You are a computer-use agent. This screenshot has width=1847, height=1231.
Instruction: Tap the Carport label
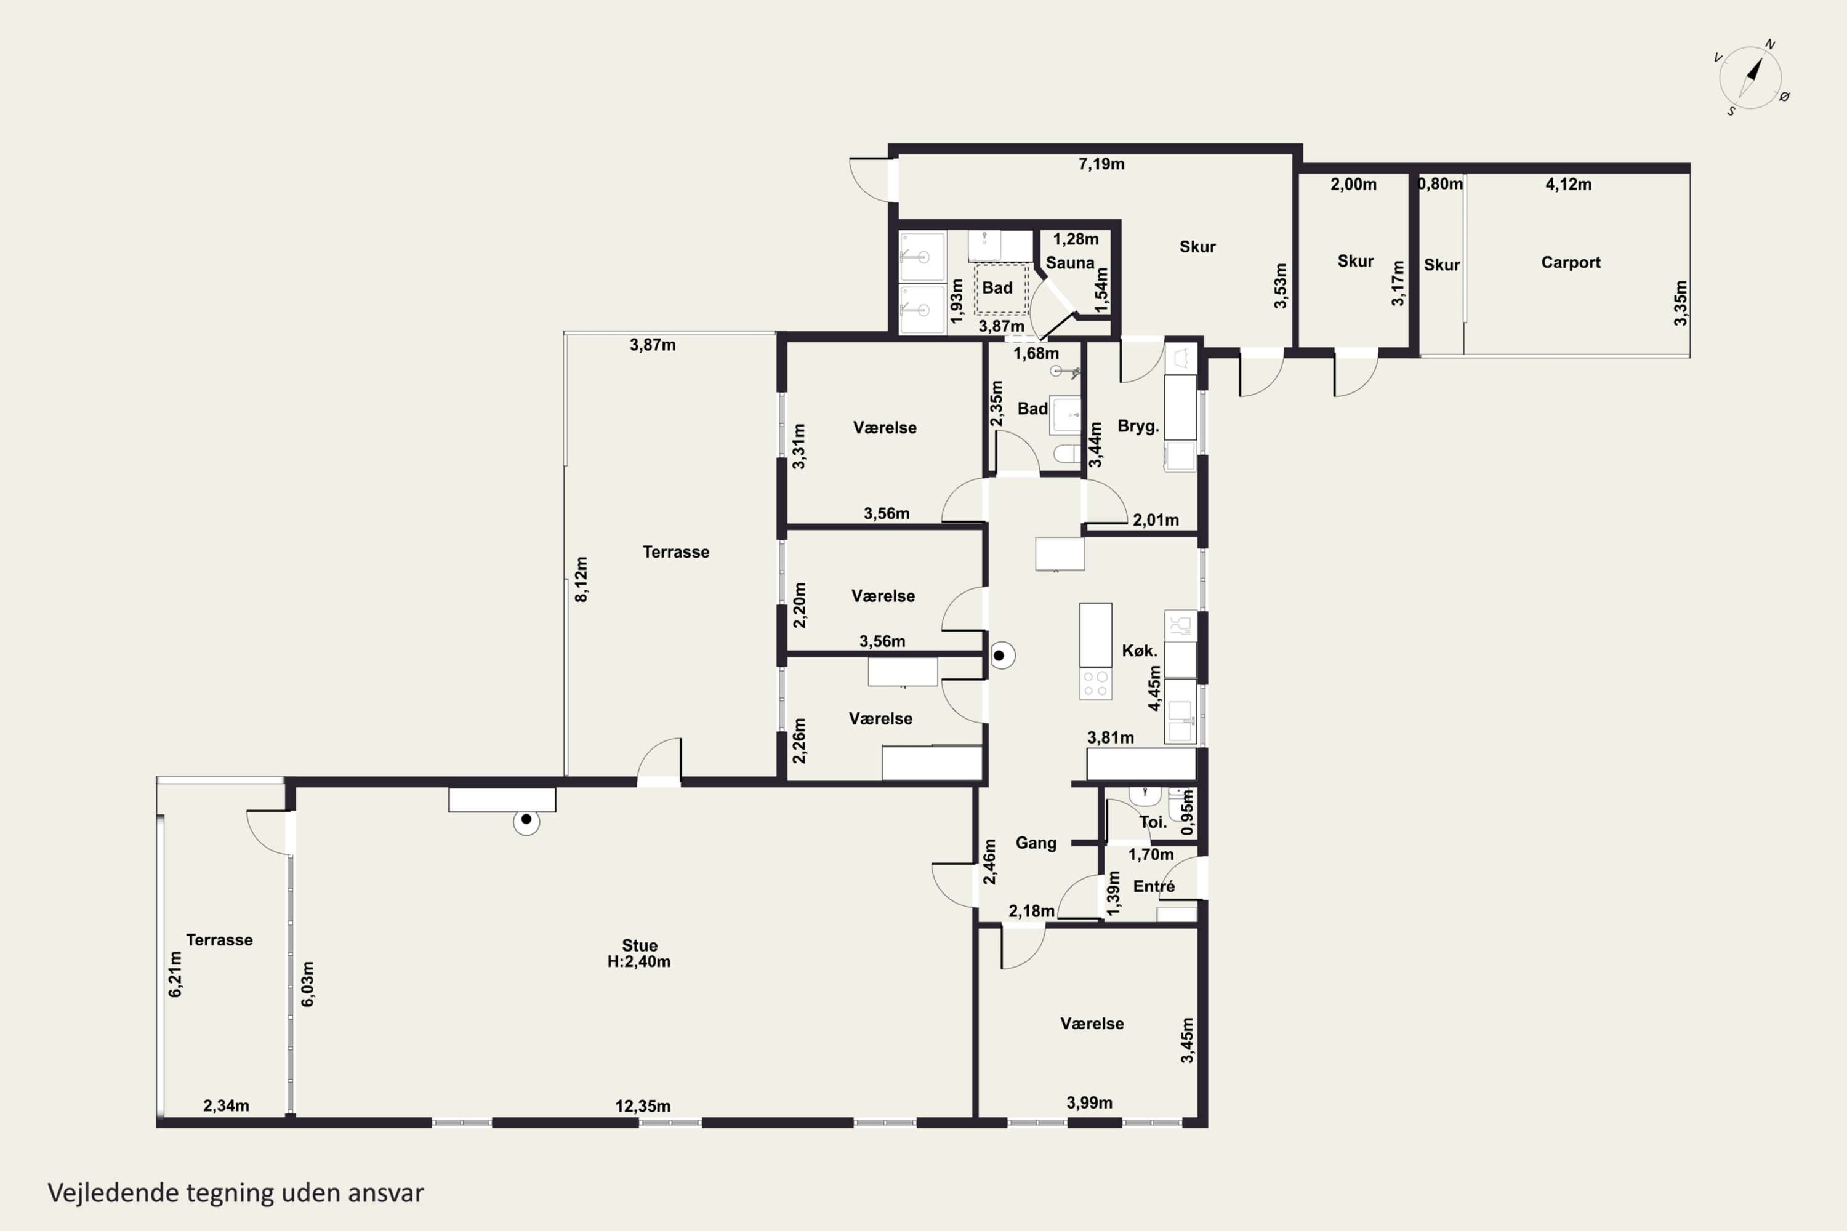[1571, 262]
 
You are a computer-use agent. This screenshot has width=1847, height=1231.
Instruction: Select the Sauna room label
[1069, 263]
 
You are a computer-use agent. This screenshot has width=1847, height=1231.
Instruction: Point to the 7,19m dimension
[1101, 164]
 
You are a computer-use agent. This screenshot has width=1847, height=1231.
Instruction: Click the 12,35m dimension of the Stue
[642, 1106]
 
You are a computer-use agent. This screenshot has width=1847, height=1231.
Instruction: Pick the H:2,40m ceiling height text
[638, 961]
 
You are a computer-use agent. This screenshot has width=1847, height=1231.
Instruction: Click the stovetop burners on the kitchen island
[1095, 683]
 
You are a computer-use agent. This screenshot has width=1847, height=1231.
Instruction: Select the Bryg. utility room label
[1138, 427]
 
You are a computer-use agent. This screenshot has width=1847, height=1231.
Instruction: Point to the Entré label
[1154, 886]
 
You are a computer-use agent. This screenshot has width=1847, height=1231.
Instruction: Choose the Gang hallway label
[1036, 843]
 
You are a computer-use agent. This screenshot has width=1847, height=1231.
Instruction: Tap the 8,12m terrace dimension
[581, 579]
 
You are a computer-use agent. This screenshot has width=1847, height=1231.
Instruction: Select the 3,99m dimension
[1089, 1103]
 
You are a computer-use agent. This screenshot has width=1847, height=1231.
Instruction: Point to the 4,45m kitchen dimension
[1154, 689]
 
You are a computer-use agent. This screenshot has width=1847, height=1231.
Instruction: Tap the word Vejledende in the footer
[113, 1193]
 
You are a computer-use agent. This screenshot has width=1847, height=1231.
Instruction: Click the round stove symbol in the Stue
[526, 821]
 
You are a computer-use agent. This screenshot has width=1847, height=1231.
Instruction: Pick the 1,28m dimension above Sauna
[1076, 239]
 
